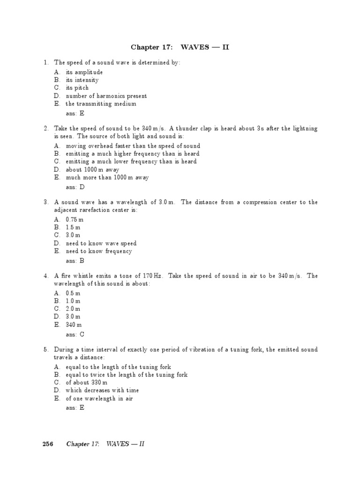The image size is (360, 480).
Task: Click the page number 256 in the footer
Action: tap(48, 444)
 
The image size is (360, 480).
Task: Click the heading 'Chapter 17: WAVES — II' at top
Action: tap(180, 47)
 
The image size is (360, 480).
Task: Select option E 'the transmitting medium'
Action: tap(101, 104)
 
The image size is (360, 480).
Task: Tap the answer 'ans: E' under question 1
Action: tap(75, 113)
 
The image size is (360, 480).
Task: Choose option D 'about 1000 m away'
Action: tap(92, 169)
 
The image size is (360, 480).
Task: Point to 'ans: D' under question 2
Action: tap(75, 187)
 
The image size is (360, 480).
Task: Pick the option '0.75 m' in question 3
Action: tap(75, 219)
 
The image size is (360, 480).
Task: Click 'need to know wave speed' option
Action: tap(101, 243)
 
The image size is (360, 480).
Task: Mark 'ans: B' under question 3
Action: tap(75, 261)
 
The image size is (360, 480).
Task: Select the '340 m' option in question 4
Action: tap(74, 324)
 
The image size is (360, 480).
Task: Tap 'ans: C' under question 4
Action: tap(75, 334)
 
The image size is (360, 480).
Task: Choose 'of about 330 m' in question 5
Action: tap(90, 382)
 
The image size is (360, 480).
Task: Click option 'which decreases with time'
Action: tap(102, 390)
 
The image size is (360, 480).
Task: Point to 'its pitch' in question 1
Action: tap(77, 88)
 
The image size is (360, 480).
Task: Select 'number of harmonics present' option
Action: tap(106, 96)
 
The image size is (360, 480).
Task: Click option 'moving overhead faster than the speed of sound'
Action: tap(133, 146)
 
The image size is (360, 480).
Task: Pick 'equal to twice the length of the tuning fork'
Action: tap(127, 375)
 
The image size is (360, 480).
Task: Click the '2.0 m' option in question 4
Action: tap(73, 308)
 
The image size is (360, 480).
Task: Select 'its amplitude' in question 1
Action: tap(84, 72)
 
